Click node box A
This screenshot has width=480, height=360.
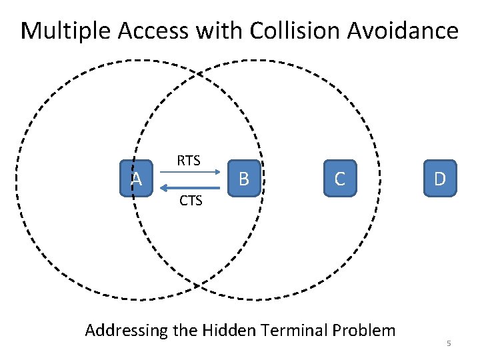coord(137,178)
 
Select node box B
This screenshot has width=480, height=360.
coord(244,178)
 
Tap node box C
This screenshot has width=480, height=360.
coord(340,178)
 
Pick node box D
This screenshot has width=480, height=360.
coord(440,178)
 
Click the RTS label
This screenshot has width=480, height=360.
coord(189,160)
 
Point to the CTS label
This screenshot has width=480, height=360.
coord(191,200)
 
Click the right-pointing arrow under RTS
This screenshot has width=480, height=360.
coord(191,173)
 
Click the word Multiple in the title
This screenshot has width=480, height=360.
coord(65,31)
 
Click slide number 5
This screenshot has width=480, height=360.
coord(449,343)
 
